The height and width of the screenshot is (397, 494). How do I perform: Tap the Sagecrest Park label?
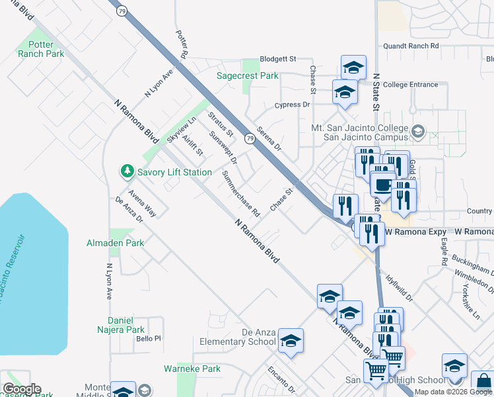point(248,76)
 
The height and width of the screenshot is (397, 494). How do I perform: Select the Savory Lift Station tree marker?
point(127,172)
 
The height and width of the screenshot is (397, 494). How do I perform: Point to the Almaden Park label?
point(115,243)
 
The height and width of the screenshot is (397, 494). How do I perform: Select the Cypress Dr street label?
point(293,105)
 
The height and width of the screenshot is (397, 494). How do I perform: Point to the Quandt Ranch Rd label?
point(411,46)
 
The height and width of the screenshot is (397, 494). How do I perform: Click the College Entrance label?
point(410,85)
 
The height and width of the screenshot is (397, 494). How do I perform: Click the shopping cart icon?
point(376,372)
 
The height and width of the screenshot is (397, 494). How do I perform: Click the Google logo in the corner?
point(21,389)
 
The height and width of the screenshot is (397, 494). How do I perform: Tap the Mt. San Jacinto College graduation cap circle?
point(417,132)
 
